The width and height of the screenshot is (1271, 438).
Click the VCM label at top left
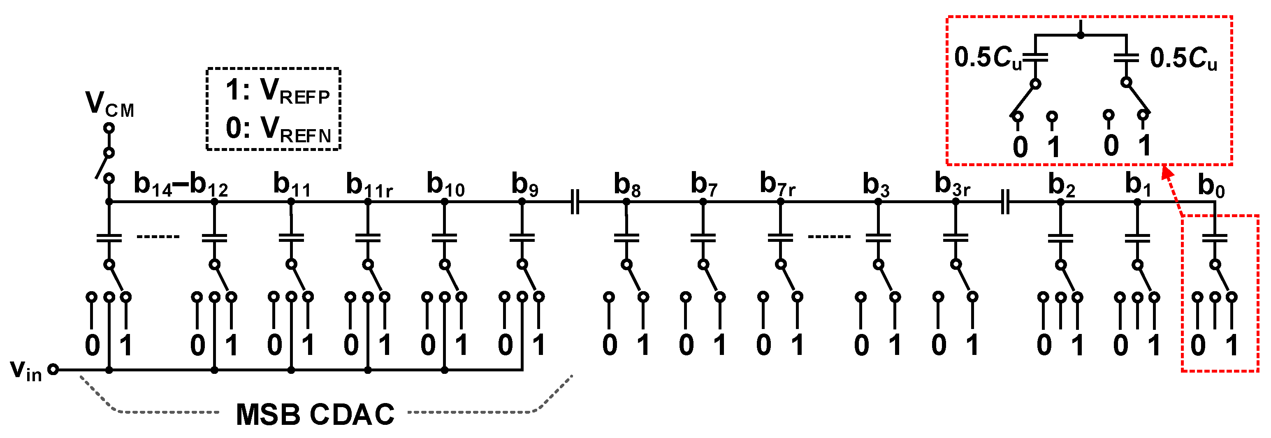[x=109, y=104]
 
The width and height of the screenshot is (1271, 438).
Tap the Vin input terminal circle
[x=53, y=369]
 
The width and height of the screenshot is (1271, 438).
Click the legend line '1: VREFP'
[x=277, y=91]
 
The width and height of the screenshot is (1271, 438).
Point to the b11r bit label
[x=369, y=185]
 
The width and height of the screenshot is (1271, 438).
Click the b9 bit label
[x=524, y=185]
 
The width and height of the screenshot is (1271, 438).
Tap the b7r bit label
[x=777, y=184]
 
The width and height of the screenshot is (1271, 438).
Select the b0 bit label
[x=1211, y=186]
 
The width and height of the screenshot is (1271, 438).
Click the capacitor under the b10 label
[x=444, y=238]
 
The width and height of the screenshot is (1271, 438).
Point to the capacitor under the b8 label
[x=626, y=238]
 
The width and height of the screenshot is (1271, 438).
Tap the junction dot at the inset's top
[x=1081, y=35]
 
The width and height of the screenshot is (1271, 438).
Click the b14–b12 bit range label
[x=181, y=185]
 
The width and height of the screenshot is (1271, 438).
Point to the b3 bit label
[x=876, y=185]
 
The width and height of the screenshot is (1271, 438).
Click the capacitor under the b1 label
[x=1137, y=238]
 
